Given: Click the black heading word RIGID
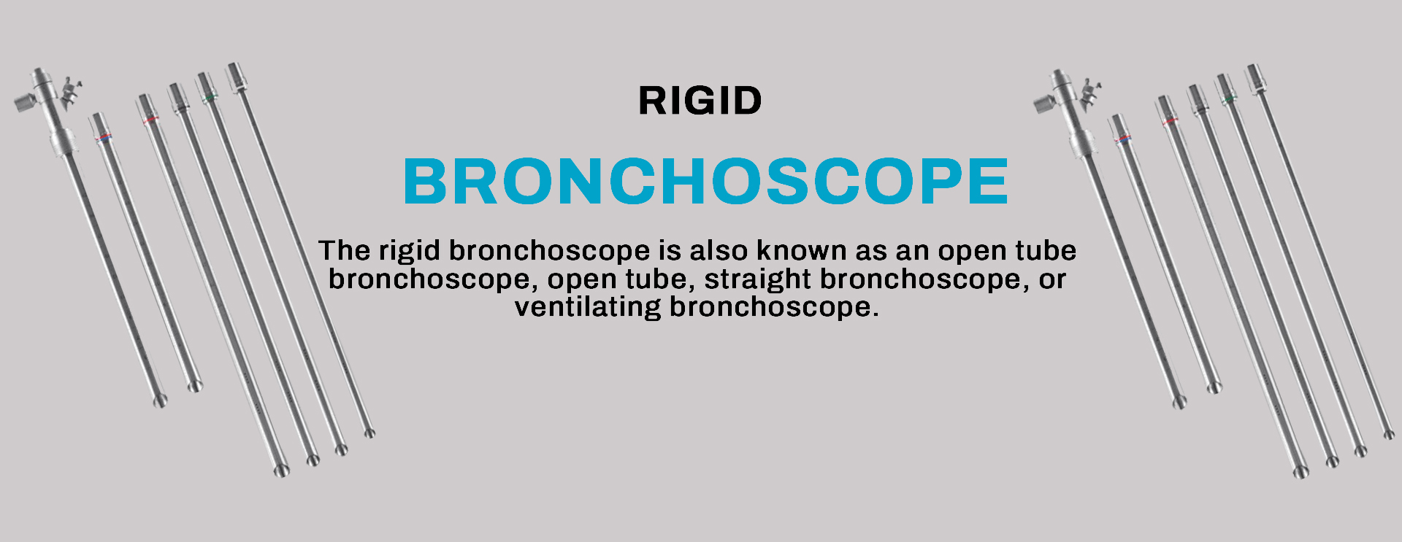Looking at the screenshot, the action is coord(700,101).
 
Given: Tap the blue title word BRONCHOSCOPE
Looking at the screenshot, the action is coord(705,182).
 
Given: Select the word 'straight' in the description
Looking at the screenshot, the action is coord(757,280).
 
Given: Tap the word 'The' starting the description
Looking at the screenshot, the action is coord(345,251).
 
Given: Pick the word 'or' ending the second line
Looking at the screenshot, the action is coord(1052,280).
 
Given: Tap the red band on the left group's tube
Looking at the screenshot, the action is coord(150,119).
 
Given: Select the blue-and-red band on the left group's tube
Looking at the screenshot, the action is coord(104,136).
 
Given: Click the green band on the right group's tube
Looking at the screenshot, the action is coord(1228,98).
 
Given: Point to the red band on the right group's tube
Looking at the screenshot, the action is coord(1169,120).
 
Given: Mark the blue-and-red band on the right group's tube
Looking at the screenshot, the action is coord(1123,138).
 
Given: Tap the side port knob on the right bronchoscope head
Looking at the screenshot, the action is coord(1045,103).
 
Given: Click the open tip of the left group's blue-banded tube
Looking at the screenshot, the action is coord(194,386).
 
